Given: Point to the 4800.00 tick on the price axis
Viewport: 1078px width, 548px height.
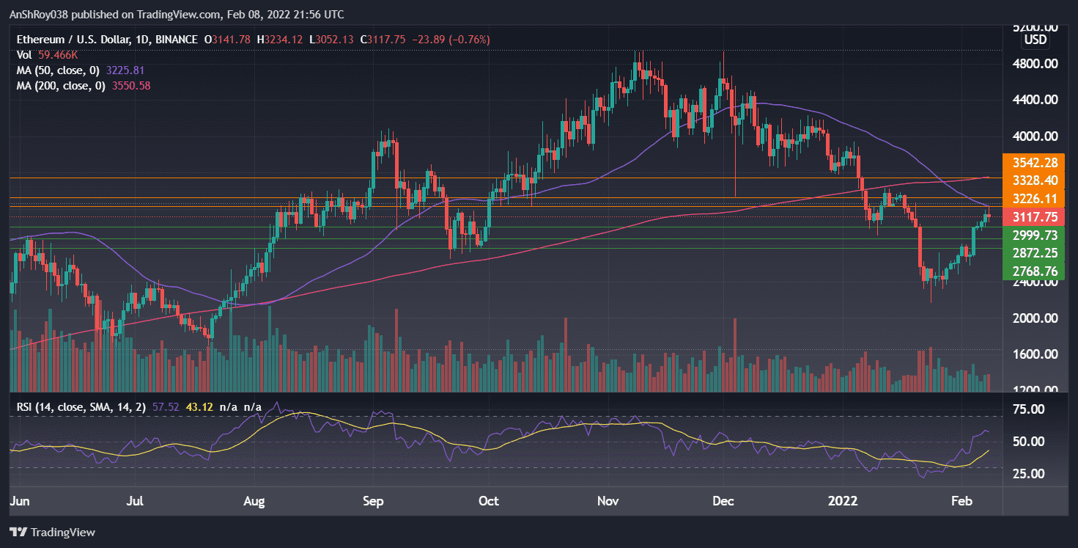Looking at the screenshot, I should [1033, 64].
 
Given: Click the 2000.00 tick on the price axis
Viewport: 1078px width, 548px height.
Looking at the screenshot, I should [1033, 318].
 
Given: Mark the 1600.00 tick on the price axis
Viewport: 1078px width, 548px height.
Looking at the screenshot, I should [1033, 354].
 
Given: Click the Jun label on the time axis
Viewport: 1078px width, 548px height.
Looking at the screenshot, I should [20, 502].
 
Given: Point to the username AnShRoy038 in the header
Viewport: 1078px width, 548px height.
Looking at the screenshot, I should [42, 15].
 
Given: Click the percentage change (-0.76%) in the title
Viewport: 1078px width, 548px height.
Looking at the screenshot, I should [468, 39].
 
